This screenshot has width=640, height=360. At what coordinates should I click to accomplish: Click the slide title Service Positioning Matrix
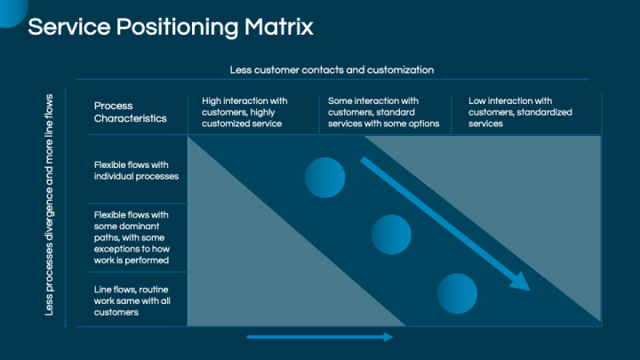(x=170, y=27)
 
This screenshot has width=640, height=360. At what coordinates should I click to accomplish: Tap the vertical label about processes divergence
(x=49, y=204)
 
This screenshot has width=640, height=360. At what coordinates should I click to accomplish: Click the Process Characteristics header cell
(x=130, y=112)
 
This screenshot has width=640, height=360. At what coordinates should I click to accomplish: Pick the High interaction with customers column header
(x=244, y=112)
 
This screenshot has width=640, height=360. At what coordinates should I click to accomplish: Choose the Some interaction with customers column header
(x=383, y=112)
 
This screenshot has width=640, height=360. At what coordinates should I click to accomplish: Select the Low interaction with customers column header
(x=520, y=112)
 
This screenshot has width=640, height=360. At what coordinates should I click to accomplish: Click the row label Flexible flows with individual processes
(x=136, y=170)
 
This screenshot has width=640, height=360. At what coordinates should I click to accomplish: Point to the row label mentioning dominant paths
(x=136, y=237)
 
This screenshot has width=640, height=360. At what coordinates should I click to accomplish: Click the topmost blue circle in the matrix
(x=324, y=176)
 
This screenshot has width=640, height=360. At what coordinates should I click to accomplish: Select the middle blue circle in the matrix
(x=391, y=235)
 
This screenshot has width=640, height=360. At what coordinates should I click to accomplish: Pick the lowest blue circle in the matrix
(x=458, y=294)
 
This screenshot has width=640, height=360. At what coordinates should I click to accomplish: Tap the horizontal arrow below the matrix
(x=319, y=337)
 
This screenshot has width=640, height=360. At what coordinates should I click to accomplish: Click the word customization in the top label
(x=404, y=69)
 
